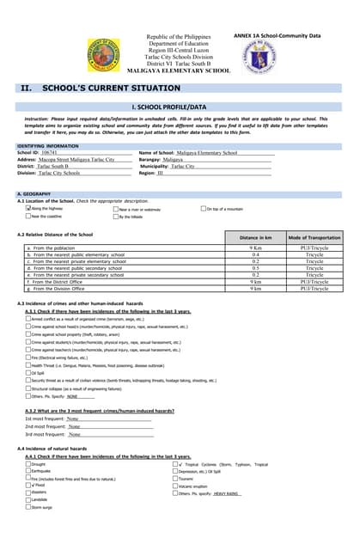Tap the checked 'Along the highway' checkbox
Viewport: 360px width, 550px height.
[27, 208]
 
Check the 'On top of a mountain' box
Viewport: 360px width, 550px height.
[203, 208]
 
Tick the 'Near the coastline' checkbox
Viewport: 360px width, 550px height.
[27, 217]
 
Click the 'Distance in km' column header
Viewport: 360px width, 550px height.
[256, 236]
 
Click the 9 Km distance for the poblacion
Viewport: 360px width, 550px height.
[256, 248]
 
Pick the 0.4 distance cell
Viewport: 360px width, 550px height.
[256, 255]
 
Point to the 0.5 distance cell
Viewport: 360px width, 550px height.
[256, 268]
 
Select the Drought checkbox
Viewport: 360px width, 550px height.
[27, 464]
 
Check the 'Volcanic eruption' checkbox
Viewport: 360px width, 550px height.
[174, 486]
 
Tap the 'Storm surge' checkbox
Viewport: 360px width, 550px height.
[27, 508]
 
